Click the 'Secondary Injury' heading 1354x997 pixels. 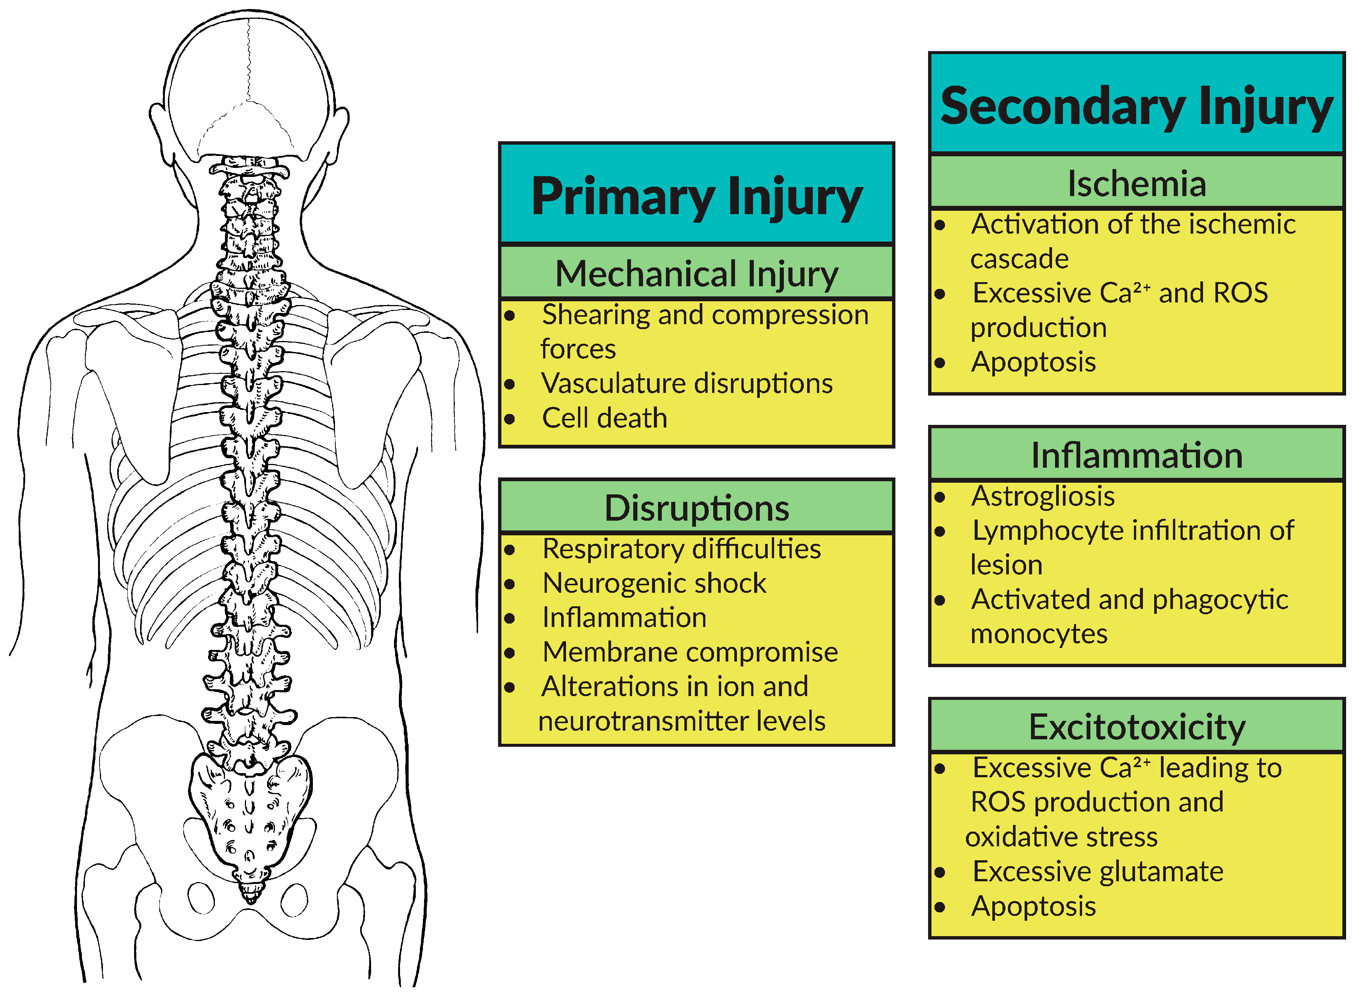coord(1136,106)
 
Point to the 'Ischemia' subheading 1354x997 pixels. coord(1136,183)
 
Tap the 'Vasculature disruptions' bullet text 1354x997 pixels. coord(687,383)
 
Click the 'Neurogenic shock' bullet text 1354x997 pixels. coord(654,583)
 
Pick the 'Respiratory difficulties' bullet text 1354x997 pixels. coord(681,548)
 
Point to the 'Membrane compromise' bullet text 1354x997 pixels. coord(690,652)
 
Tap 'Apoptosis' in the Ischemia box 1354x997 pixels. coord(1033,362)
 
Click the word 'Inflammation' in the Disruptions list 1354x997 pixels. coord(624,617)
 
